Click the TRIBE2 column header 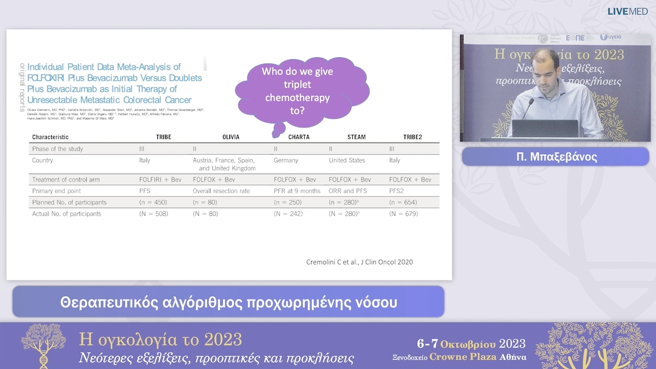(413, 137)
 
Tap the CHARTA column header (298, 137)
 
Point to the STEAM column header (356, 137)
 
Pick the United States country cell (347, 160)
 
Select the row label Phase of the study (57, 149)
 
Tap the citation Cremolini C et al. (359, 262)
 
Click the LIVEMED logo (627, 11)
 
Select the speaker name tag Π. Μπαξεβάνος (555, 157)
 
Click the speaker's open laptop (544, 129)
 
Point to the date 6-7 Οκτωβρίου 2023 (471, 344)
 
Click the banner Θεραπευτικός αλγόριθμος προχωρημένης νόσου (228, 302)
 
